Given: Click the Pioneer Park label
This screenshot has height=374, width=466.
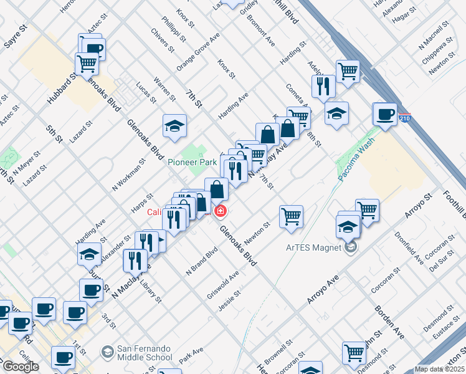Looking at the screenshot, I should click(x=192, y=162).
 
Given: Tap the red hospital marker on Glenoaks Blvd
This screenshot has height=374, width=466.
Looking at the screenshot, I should click(x=219, y=212).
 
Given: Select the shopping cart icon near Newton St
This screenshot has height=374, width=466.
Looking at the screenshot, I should click(x=291, y=217).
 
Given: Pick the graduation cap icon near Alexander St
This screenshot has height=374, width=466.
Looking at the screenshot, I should click(x=89, y=254).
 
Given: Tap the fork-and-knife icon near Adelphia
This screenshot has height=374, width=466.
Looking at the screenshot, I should click(x=322, y=86).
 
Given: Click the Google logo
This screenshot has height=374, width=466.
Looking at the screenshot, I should click(x=21, y=367).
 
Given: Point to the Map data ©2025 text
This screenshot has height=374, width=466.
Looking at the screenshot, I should click(x=439, y=369).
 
